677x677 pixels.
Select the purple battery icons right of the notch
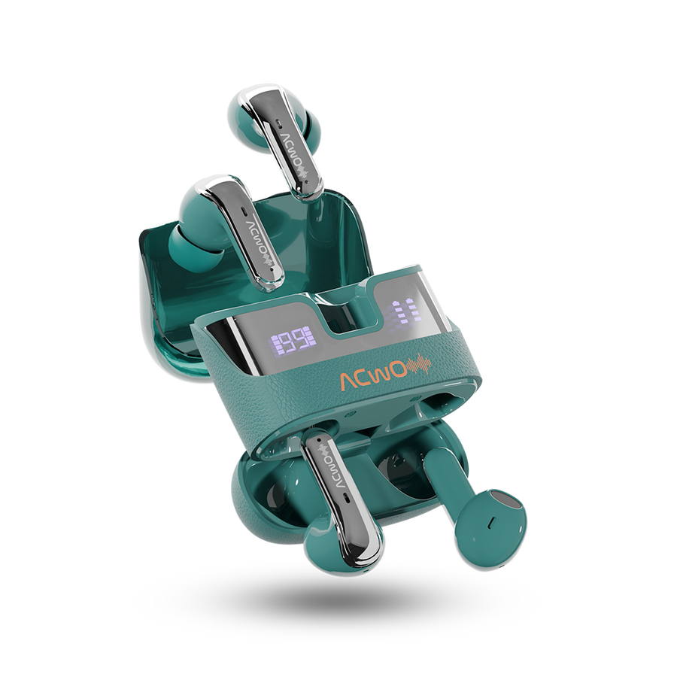[x=404, y=311]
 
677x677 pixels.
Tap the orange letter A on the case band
[x=348, y=383]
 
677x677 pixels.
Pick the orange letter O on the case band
[x=398, y=372]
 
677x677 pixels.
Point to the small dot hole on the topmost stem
[x=278, y=121]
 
